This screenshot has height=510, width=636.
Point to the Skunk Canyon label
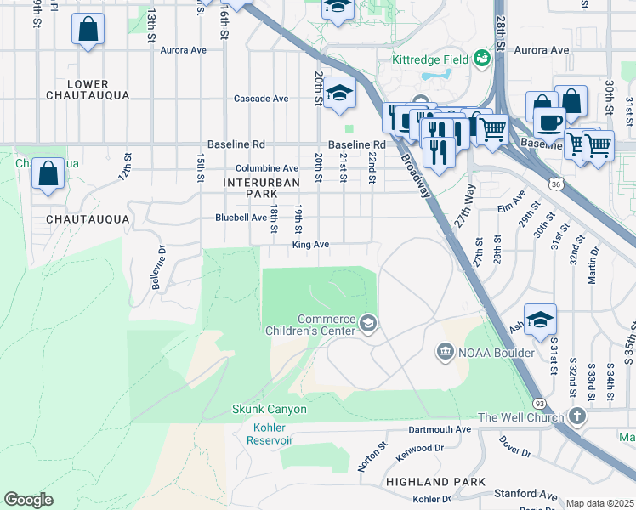[270, 409]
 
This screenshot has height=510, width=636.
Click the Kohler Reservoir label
[270, 433]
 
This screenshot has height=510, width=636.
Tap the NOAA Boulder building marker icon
[445, 352]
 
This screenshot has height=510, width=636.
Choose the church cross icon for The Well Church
[577, 416]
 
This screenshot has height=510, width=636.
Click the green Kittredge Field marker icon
[483, 59]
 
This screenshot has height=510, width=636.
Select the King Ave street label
[310, 245]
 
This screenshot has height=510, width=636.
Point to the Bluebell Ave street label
[240, 218]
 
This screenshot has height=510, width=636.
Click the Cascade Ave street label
[262, 99]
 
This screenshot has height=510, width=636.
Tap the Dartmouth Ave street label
[440, 429]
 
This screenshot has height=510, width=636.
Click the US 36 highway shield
[555, 182]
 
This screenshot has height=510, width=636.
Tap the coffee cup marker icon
[549, 121]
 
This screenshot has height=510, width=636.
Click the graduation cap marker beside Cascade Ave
[339, 93]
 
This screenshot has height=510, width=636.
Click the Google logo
[28, 500]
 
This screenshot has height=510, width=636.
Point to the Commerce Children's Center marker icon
[368, 321]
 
